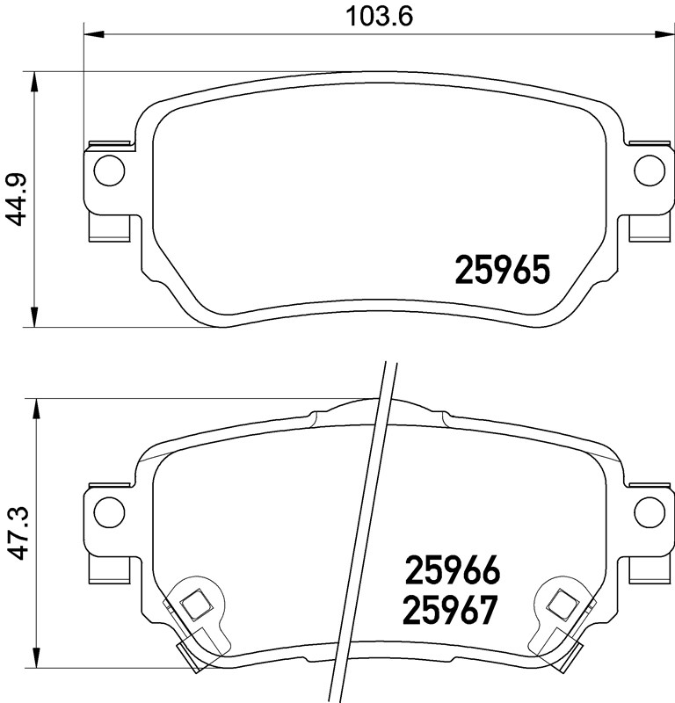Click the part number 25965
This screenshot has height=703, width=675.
tap(502, 270)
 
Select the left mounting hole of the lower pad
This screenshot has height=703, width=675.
tap(108, 509)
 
